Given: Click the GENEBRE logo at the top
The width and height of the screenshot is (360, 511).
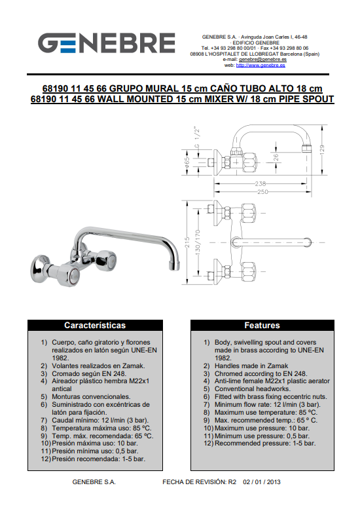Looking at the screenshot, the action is tap(107, 43).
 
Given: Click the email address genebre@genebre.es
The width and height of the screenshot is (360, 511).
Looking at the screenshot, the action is tap(262, 60).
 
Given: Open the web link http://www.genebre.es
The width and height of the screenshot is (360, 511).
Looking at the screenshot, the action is tap(261, 65).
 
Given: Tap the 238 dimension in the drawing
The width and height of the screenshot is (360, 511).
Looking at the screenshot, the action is tap(261, 184).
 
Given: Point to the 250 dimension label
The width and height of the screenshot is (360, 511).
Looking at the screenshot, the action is tap(262, 191).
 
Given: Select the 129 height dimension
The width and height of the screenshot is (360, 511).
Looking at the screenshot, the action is tap(322, 150).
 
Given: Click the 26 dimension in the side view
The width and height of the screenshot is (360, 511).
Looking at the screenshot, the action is tap(276, 157).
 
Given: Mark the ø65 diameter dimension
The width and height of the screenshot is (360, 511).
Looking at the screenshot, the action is tap(187, 162).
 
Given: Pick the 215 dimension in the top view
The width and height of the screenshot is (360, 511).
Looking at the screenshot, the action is tap(187, 242).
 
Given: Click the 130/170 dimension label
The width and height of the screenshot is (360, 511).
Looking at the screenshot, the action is tap(198, 242).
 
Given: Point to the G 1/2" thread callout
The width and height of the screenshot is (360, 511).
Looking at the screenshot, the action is tap(197, 137).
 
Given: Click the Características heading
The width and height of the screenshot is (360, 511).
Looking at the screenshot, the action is tap(95, 325).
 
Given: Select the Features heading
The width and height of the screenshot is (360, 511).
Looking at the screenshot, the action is tap(262, 325).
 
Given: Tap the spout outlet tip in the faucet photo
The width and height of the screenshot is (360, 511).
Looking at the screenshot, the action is tap(175, 267).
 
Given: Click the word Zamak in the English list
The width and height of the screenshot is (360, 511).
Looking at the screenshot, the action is tap(278, 366).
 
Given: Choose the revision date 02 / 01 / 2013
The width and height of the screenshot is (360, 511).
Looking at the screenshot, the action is tap(262, 482).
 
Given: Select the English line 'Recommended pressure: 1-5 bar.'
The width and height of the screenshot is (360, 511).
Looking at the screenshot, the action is tap(265, 444).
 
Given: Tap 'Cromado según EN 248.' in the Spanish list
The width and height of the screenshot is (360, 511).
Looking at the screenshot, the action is tap(89, 374).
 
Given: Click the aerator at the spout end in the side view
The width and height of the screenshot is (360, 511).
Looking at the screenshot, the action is tap(306, 148).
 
